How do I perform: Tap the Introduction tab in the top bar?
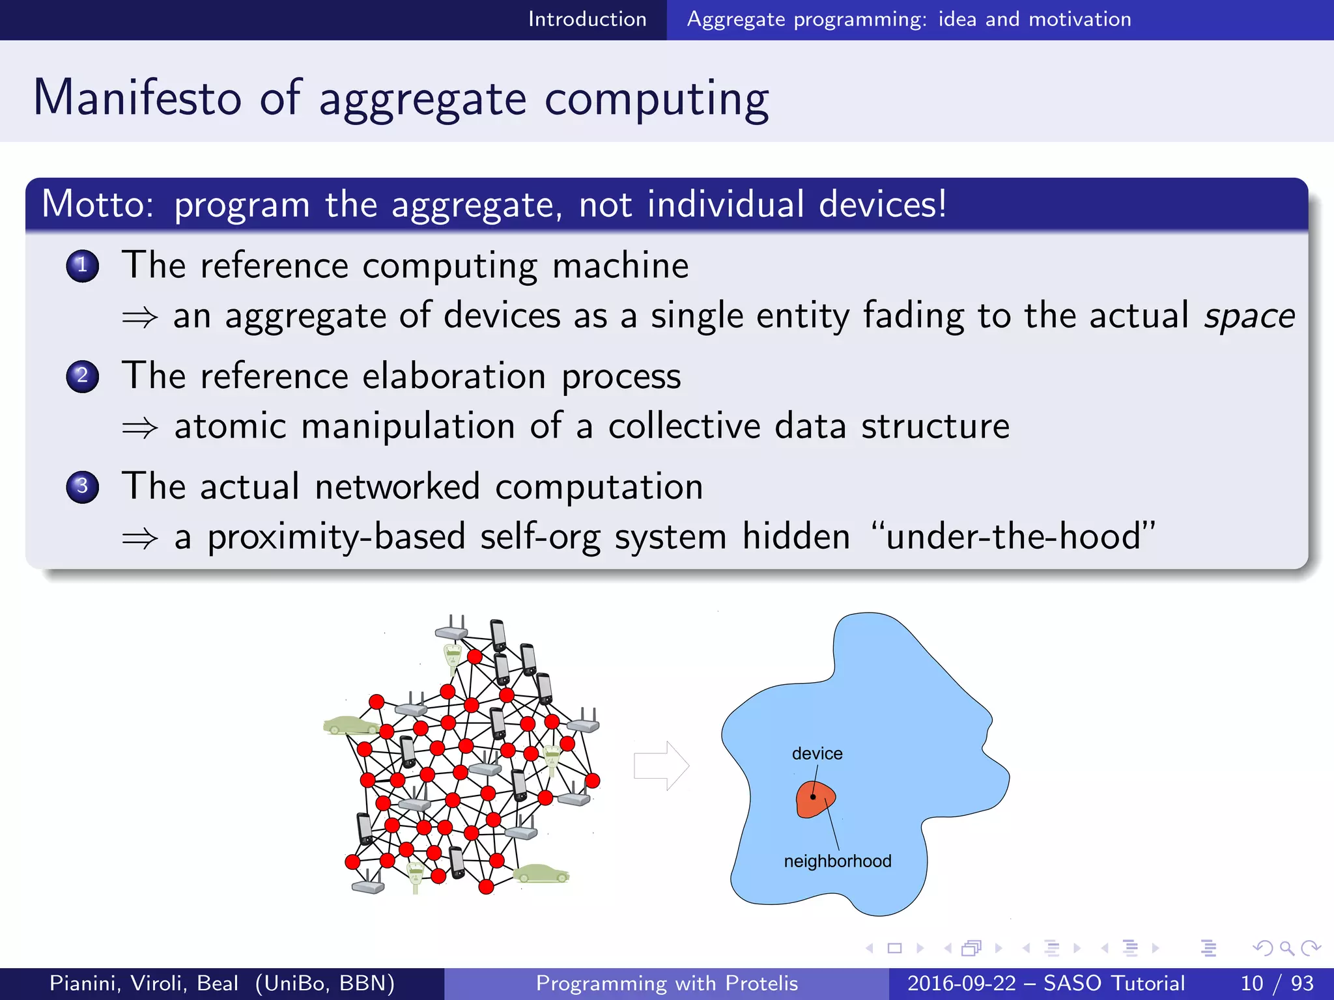pyautogui.click(x=587, y=19)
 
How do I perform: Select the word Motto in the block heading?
pyautogui.click(x=97, y=204)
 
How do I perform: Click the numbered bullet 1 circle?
pyautogui.click(x=83, y=266)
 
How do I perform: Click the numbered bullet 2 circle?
pyautogui.click(x=83, y=376)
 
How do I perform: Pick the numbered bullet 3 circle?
pyautogui.click(x=83, y=486)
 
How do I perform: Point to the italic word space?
pyautogui.click(x=1249, y=317)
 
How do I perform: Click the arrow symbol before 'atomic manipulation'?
pyautogui.click(x=140, y=428)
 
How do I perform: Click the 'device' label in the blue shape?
pyautogui.click(x=817, y=753)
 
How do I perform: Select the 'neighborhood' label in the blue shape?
pyautogui.click(x=837, y=861)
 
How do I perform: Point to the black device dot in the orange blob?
pyautogui.click(x=813, y=797)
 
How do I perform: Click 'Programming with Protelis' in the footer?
pyautogui.click(x=666, y=983)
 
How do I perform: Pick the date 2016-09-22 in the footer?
pyautogui.click(x=961, y=983)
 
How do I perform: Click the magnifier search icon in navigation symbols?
pyautogui.click(x=1286, y=948)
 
